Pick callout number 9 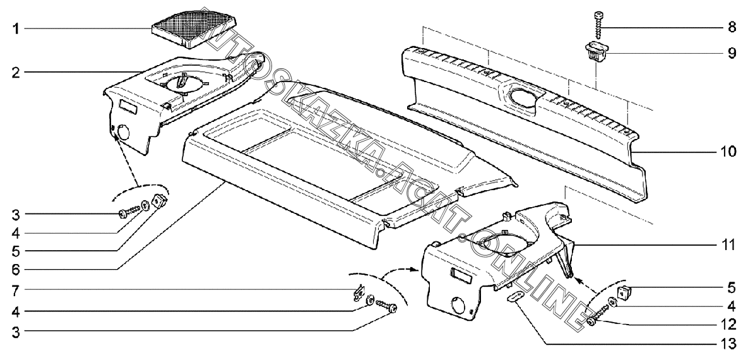(x=731, y=53)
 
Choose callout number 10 (x=728, y=152)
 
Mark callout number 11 (x=728, y=244)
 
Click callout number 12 (x=728, y=326)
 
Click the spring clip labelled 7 (x=357, y=292)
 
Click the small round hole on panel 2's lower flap (x=123, y=133)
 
